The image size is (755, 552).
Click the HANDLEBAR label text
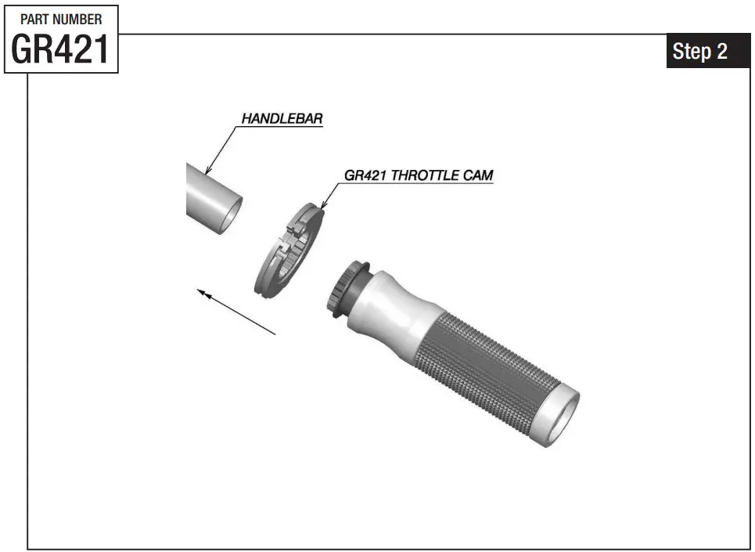(282, 119)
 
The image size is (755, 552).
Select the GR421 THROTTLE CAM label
(419, 175)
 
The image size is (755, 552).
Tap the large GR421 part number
(60, 50)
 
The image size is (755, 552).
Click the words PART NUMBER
(60, 19)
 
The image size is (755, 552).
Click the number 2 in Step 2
(721, 52)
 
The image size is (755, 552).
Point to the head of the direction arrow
(200, 291)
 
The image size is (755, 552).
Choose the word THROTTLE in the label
(422, 175)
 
